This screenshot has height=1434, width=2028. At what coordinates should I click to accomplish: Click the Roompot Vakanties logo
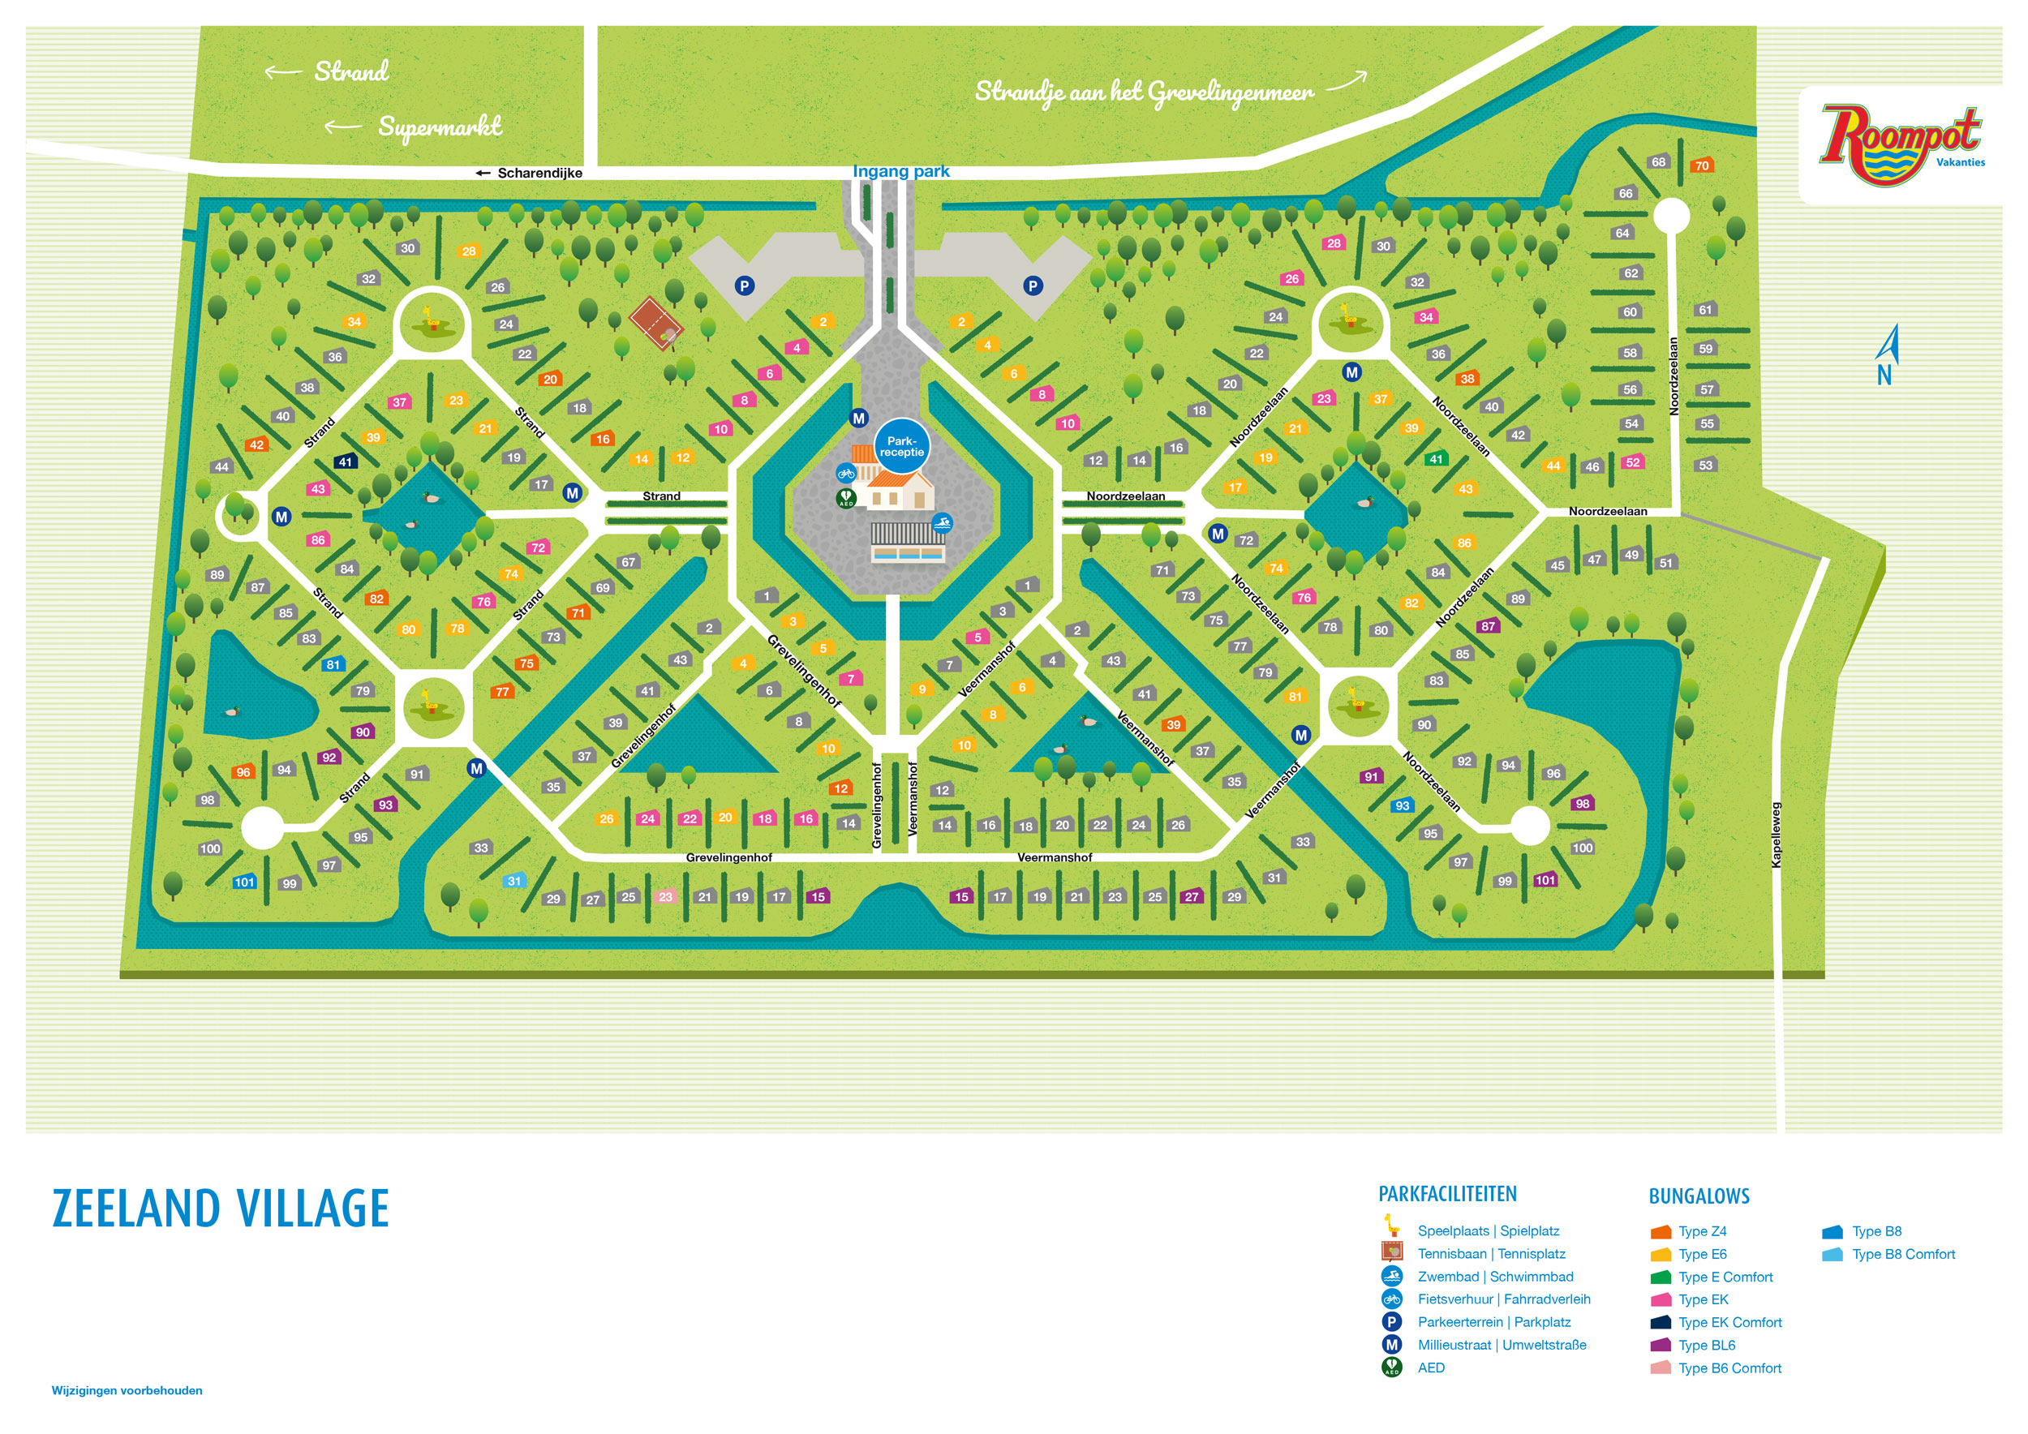1900,144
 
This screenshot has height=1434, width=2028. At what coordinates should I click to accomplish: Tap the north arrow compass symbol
1886,355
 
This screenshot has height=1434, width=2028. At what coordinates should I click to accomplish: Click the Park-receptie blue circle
901,446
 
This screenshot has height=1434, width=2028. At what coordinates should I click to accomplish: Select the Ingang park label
900,171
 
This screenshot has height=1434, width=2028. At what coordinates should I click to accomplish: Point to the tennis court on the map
657,322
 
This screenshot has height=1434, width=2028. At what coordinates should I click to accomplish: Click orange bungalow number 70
1701,165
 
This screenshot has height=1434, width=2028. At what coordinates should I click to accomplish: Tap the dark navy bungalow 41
346,461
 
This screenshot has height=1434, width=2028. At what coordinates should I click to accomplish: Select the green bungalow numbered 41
1435,458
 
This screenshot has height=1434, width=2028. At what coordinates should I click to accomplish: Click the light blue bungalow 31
514,880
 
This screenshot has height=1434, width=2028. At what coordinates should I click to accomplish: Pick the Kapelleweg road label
1777,835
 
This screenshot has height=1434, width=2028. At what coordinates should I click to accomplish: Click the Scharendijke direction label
530,173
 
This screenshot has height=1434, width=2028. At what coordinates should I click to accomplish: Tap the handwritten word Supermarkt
439,127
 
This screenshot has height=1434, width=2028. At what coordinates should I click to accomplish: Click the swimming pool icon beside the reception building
942,522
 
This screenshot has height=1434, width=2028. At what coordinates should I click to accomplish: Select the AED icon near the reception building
845,499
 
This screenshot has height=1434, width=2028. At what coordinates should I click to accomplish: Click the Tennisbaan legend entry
1490,1254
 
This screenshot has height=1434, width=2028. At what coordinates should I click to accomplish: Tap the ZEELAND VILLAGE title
221,1209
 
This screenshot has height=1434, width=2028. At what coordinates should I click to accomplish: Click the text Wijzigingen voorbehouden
127,1391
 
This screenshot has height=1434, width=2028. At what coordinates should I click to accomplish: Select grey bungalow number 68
1658,161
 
